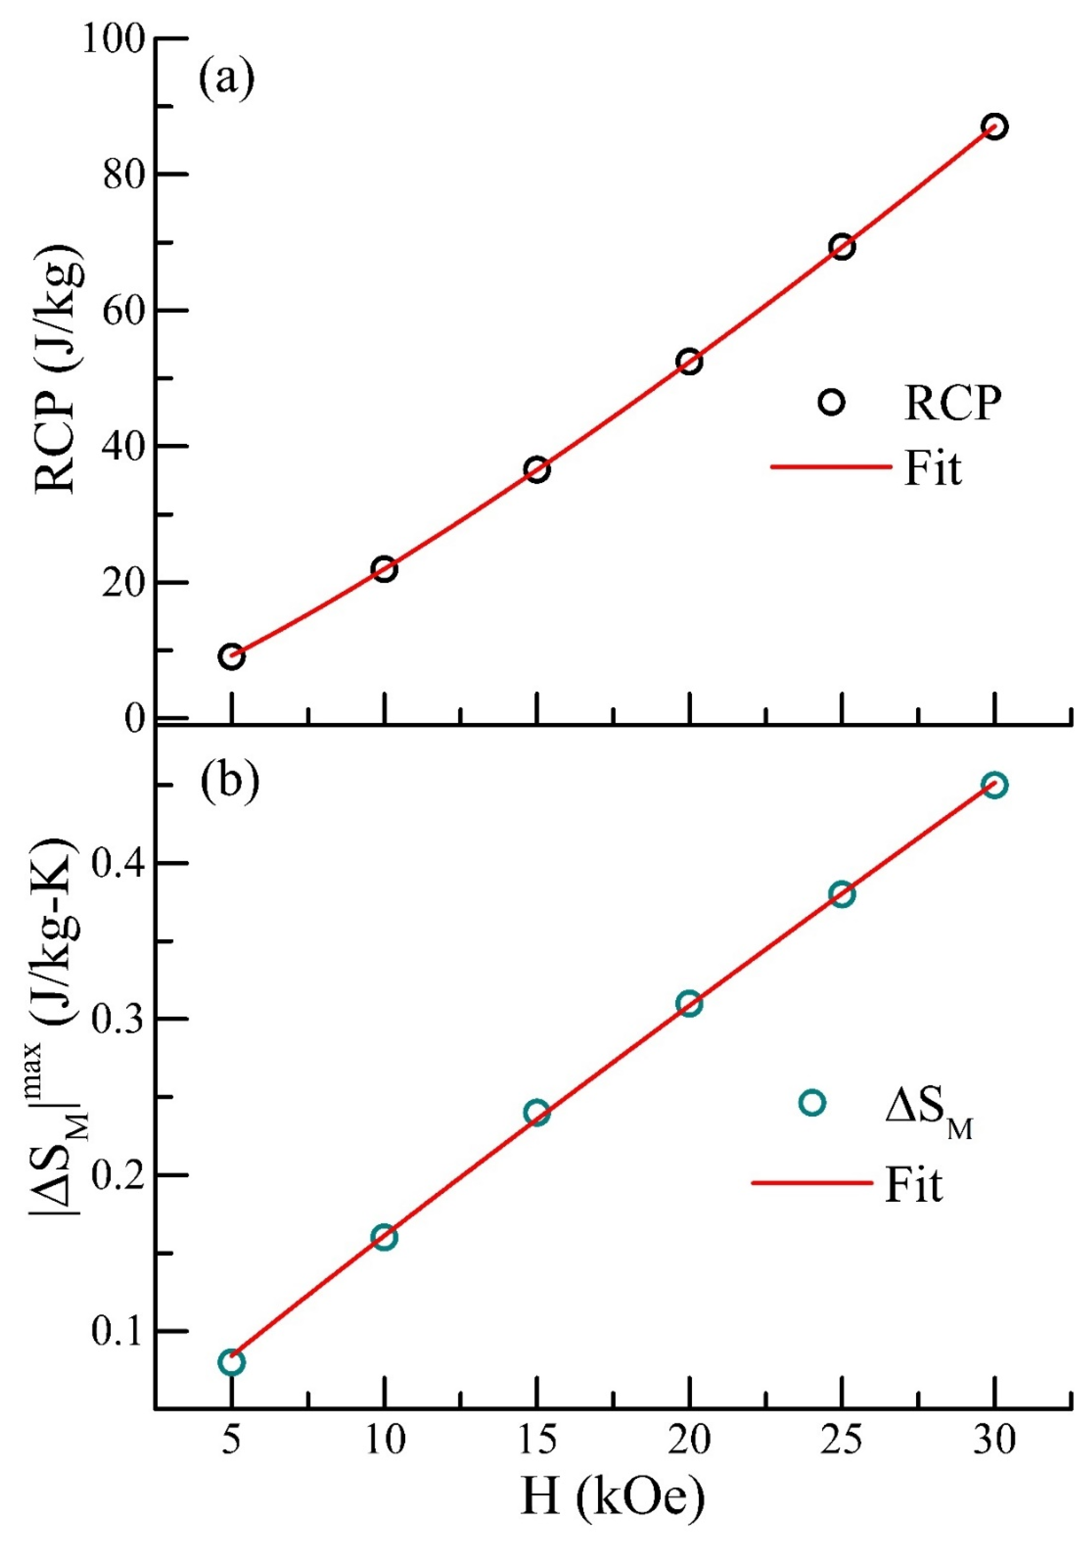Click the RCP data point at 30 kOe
(994, 126)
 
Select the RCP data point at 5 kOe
(231, 657)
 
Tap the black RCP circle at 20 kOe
(689, 362)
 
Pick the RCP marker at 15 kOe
(537, 469)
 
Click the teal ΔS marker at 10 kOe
(384, 1237)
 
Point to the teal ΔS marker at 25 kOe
(842, 895)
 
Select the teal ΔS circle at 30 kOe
(994, 785)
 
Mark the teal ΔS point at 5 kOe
(231, 1362)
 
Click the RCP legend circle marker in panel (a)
(832, 402)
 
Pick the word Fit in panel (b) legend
(914, 1184)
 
